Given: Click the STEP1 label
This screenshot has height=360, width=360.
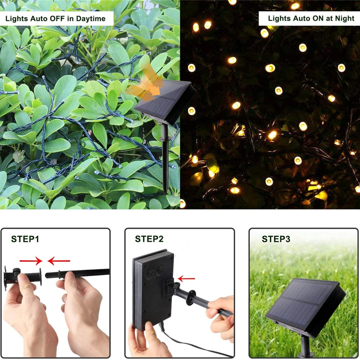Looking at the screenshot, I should [x=25, y=239].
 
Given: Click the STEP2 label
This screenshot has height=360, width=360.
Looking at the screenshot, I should [x=149, y=239].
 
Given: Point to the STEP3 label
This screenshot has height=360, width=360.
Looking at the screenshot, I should [x=276, y=239].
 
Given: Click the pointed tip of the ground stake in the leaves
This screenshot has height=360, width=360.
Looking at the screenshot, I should [x=166, y=193].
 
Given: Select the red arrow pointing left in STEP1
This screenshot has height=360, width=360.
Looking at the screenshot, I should [x=59, y=260].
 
